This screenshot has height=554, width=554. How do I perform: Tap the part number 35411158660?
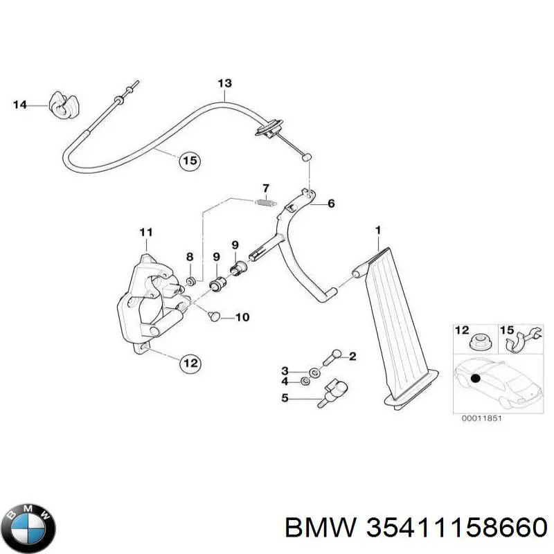[x=416, y=528]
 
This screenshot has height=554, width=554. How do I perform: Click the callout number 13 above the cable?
[x=224, y=84]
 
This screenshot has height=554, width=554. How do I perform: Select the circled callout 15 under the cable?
[x=188, y=161]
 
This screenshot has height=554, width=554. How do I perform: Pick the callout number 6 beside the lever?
[x=331, y=204]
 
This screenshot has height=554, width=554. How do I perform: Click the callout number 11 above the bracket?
[x=145, y=231]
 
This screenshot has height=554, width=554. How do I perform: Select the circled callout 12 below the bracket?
[x=190, y=361]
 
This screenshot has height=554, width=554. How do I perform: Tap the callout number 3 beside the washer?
[x=285, y=372]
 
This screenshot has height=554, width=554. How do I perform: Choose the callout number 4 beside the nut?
[x=285, y=381]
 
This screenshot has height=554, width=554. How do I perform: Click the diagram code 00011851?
[x=478, y=418]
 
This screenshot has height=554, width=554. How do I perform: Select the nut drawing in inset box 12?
[x=477, y=341]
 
